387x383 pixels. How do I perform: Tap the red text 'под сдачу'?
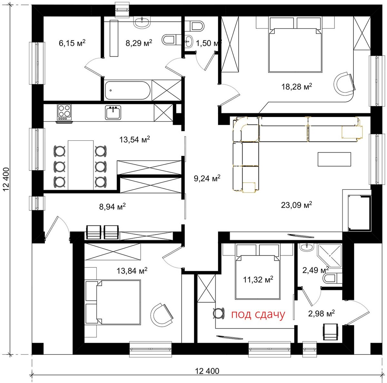(258, 315)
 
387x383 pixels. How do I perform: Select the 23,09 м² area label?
(296, 205)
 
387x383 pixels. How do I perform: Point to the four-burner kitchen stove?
(64, 113)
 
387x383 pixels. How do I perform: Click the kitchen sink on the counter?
(113, 112)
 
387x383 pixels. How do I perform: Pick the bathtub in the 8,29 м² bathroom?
(127, 90)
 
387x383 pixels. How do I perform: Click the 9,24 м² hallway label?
(207, 178)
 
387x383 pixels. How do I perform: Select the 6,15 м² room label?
(72, 43)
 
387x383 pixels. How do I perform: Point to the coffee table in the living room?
(334, 159)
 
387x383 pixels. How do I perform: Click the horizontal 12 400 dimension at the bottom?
(207, 371)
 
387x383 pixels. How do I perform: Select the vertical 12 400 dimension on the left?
(6, 180)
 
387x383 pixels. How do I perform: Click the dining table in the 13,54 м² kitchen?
(81, 165)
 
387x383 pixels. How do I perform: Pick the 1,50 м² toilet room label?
(209, 43)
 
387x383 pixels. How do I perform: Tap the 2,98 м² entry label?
(322, 313)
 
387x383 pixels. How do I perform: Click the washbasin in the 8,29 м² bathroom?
(142, 22)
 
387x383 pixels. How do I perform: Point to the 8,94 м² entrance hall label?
(113, 206)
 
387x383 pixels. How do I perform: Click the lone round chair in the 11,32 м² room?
(219, 313)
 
